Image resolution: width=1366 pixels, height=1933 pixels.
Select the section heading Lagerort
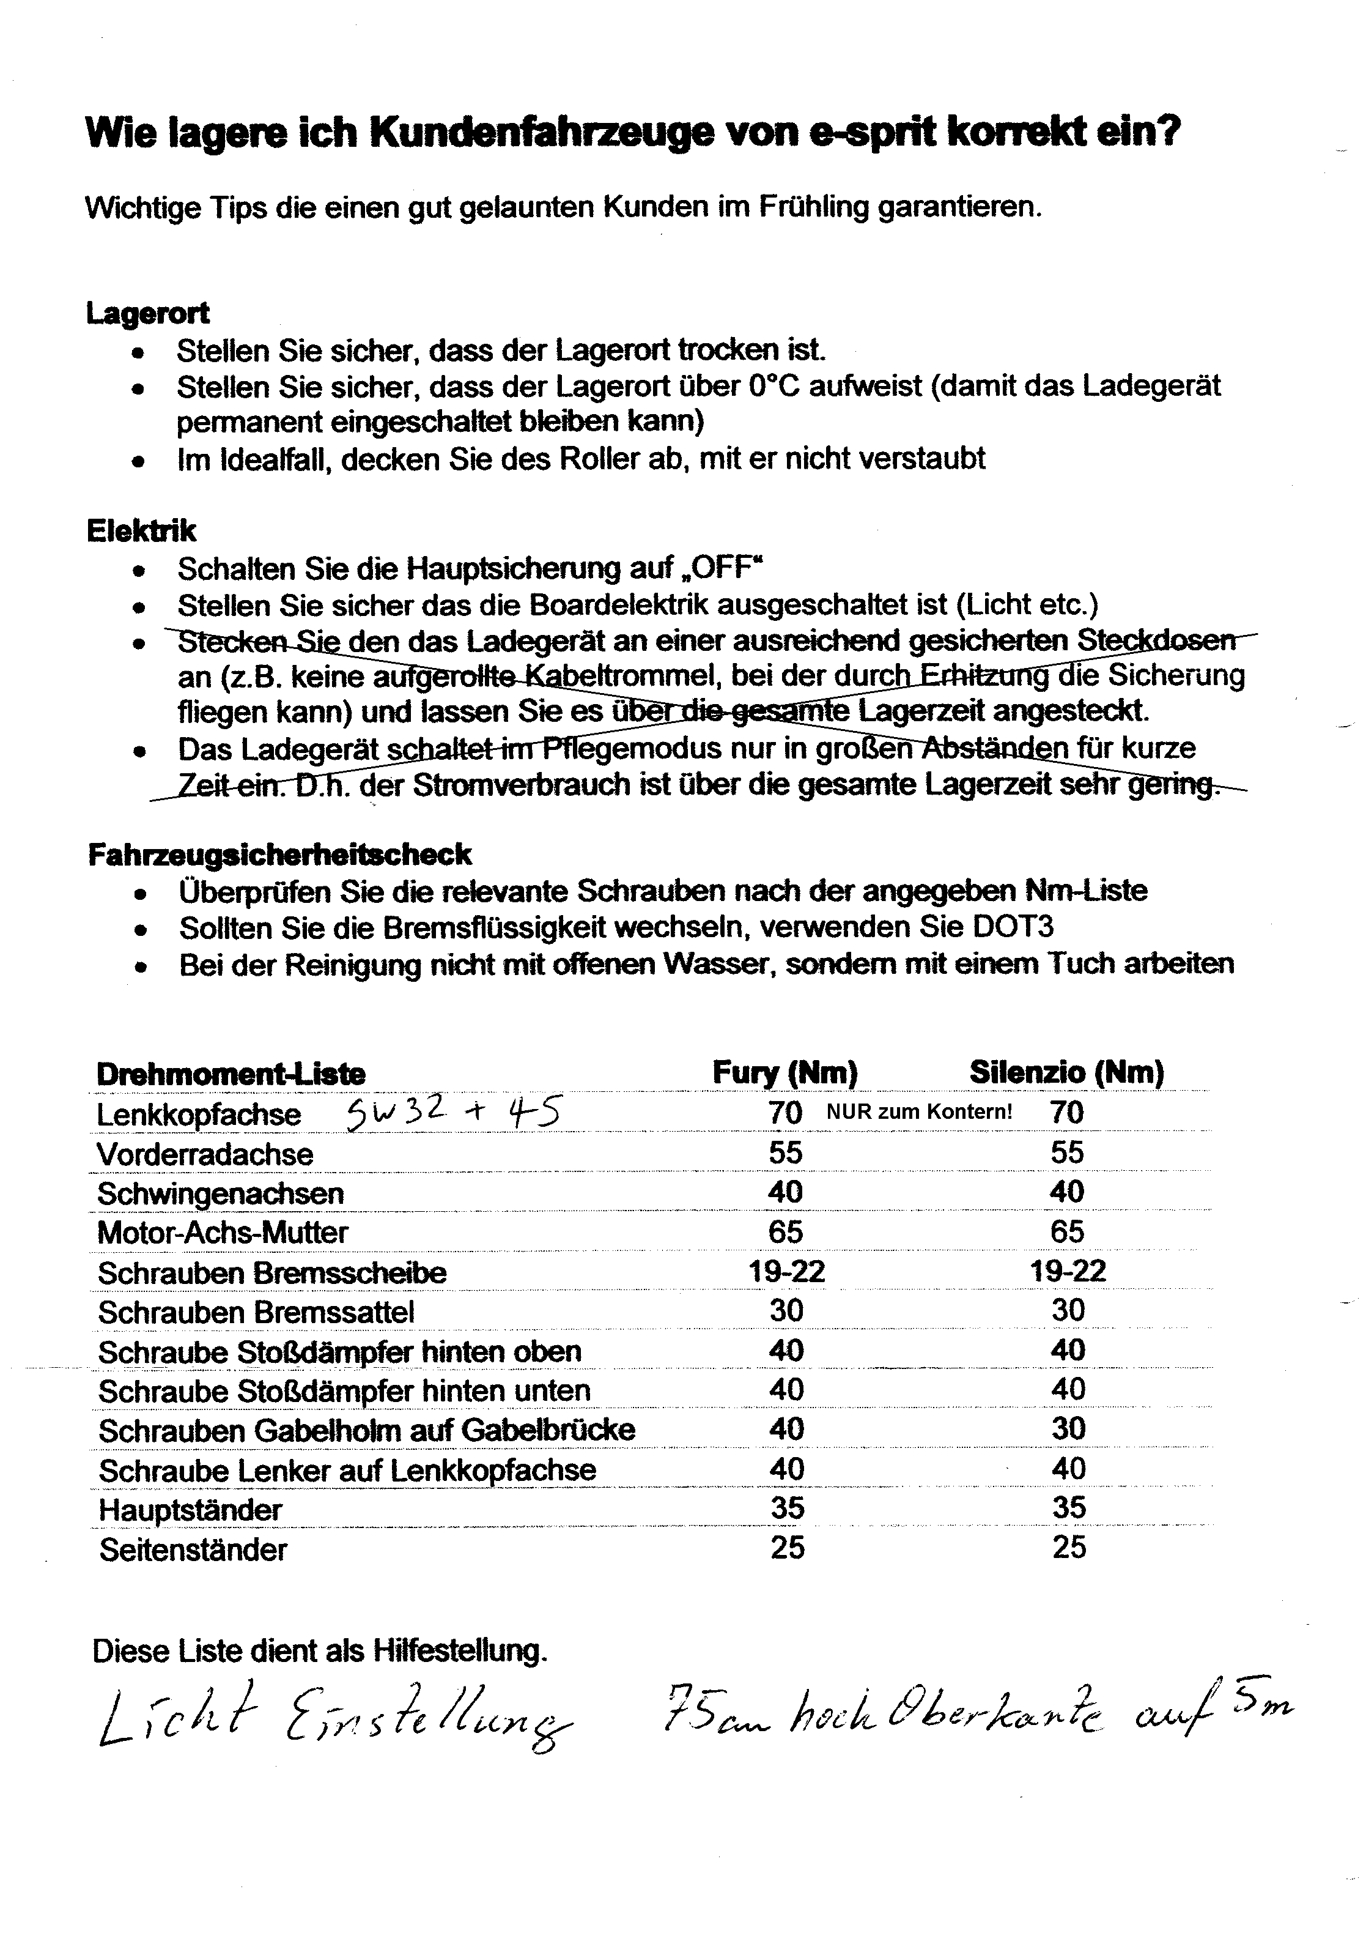(147, 313)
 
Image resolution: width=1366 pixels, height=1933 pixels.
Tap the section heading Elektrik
(141, 530)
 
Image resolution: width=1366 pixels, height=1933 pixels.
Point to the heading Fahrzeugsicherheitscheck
(279, 855)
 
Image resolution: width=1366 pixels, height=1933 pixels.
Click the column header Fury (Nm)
(785, 1072)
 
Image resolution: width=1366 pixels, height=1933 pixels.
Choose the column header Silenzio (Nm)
(1066, 1072)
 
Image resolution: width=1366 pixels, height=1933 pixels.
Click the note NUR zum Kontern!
(919, 1111)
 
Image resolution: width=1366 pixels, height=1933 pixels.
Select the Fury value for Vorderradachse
(785, 1152)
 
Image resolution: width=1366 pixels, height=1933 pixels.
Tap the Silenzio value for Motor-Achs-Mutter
(1067, 1232)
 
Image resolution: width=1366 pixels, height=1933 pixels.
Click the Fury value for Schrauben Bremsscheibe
(786, 1271)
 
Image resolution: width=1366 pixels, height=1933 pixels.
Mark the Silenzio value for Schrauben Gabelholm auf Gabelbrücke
(1068, 1429)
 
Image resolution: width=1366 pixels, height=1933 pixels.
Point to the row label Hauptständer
(190, 1510)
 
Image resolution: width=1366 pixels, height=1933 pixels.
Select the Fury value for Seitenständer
(787, 1548)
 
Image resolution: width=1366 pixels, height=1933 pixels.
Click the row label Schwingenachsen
(221, 1193)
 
